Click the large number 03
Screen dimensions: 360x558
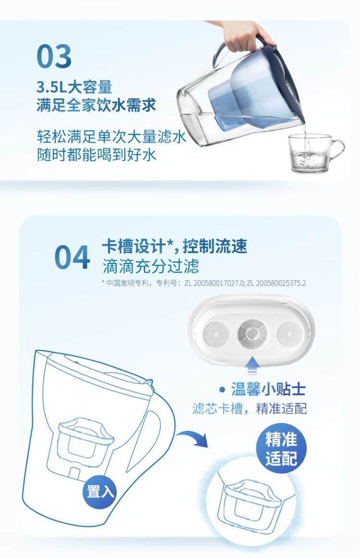click(54, 56)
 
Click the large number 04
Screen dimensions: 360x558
click(72, 257)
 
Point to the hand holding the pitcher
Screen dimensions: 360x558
click(245, 36)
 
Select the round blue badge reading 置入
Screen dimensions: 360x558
click(100, 491)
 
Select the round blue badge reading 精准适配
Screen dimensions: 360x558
click(281, 448)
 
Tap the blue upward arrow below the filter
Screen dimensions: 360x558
click(252, 365)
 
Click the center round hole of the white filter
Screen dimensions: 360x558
click(252, 334)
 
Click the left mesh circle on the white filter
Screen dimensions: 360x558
click(216, 334)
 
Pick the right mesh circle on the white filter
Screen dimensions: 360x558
click(290, 334)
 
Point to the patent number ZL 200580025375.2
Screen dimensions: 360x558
click(276, 283)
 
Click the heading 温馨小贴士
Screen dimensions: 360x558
click(268, 389)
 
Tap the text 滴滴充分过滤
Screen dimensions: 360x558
click(151, 266)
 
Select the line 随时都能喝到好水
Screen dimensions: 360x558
click(97, 155)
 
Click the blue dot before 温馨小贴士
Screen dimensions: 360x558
click(222, 389)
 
